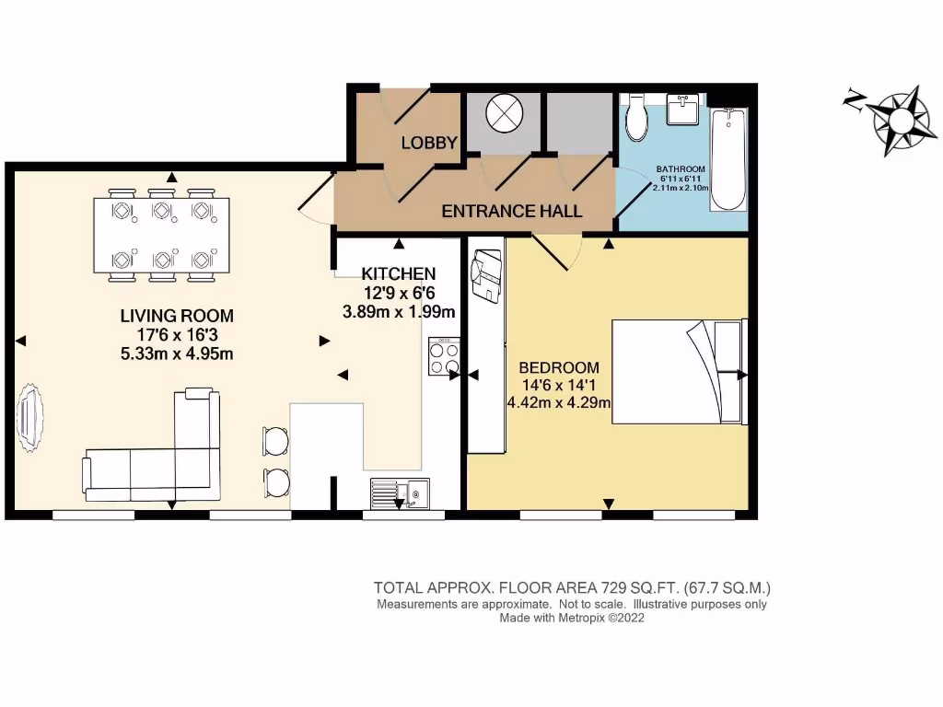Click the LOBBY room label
tap(429, 143)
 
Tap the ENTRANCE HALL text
tap(511, 211)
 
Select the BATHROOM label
tap(681, 169)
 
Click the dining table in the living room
tap(160, 236)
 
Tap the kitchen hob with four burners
tap(443, 358)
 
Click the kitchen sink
tap(398, 494)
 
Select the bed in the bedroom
tap(678, 371)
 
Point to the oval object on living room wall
tap(29, 418)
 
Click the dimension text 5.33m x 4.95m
tap(177, 353)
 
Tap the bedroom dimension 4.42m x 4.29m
tap(559, 401)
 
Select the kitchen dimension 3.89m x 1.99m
tap(398, 312)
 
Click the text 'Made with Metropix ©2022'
tap(571, 619)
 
